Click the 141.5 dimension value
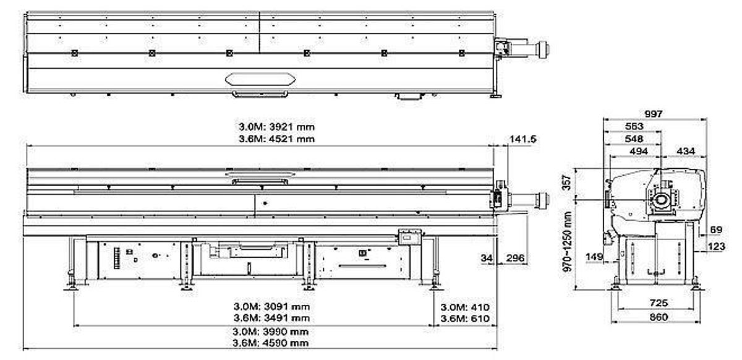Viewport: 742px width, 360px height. coord(522,139)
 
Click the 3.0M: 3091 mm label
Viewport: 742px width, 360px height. coord(271,306)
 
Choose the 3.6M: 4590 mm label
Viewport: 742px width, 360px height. coord(271,343)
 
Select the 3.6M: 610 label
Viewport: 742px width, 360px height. coord(464,319)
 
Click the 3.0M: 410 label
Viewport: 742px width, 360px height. coord(464,307)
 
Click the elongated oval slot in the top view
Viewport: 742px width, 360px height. coord(260,79)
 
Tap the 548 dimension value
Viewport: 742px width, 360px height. coord(634,139)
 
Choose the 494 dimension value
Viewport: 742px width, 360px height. coord(636,151)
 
